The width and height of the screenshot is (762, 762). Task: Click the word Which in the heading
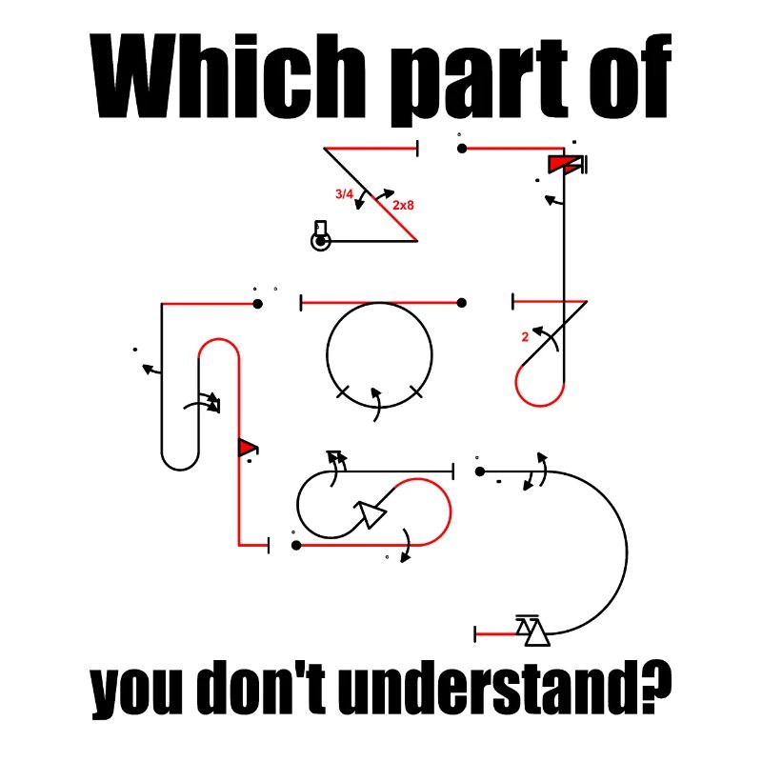coord(228,76)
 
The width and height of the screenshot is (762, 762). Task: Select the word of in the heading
coord(631,76)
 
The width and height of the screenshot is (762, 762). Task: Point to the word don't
coord(263,686)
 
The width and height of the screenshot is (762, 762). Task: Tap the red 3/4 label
coord(344,194)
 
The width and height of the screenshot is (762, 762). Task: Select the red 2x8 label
coord(403,205)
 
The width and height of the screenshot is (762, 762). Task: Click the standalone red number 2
coord(525,337)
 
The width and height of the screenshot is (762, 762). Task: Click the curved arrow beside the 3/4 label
coord(361,199)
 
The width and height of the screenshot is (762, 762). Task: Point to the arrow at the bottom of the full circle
coord(376,404)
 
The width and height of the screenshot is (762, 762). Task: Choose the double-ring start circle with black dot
coord(321,241)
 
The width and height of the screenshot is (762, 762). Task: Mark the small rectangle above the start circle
coord(321,227)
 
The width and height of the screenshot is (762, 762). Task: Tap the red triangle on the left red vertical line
coord(247,447)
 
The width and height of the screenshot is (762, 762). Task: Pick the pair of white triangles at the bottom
coord(532,631)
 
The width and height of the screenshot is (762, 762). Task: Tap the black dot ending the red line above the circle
coord(462,303)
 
